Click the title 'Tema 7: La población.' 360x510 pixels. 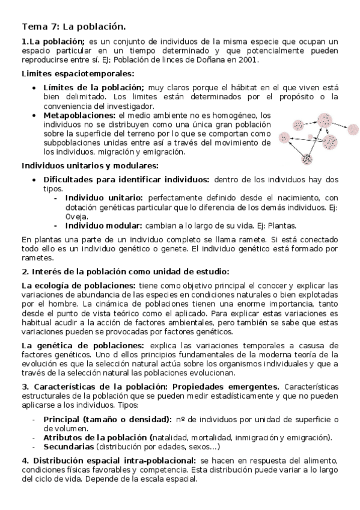point(74,26)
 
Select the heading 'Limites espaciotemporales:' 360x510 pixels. point(78,74)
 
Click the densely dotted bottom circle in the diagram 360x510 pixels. point(308,159)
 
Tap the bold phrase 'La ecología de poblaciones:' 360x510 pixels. point(79,285)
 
